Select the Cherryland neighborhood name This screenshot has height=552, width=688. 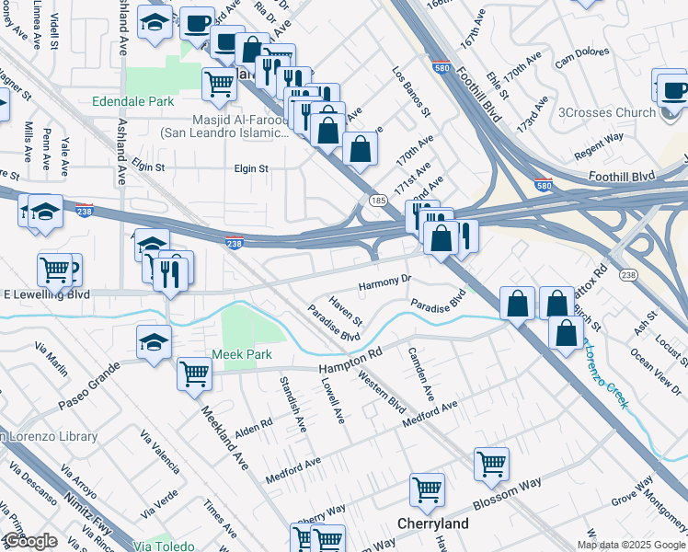click(432, 523)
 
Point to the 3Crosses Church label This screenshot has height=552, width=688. click(607, 113)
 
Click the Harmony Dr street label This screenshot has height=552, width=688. click(384, 280)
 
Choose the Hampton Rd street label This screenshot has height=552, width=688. click(350, 361)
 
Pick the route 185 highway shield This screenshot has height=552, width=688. click(377, 199)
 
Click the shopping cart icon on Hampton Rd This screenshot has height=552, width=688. click(195, 374)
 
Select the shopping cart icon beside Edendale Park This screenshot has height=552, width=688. click(219, 83)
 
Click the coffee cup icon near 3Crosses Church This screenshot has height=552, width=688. click(674, 89)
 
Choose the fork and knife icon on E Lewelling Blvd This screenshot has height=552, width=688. click(171, 274)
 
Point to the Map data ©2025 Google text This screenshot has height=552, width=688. click(631, 545)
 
